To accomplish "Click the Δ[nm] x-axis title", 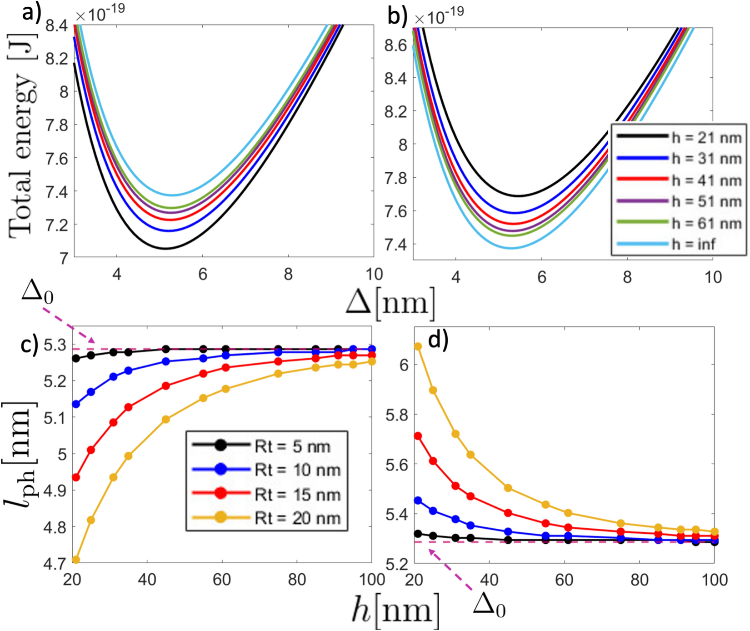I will (x=390, y=303).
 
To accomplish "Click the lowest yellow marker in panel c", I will (x=76, y=560).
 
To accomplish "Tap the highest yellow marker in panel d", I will (x=418, y=346).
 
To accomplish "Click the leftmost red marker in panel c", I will (x=76, y=477).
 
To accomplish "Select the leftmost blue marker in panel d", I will (x=418, y=501).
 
